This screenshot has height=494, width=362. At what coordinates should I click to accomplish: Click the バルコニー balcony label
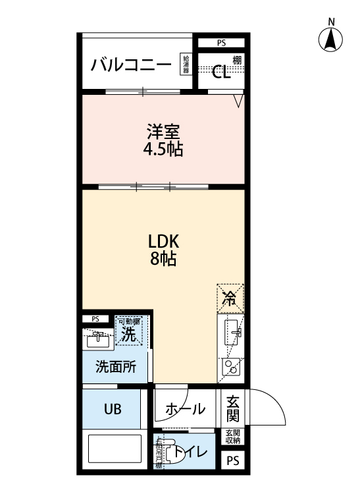pyautogui.click(x=132, y=65)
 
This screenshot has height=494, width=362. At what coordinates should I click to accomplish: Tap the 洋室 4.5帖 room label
pyautogui.click(x=163, y=140)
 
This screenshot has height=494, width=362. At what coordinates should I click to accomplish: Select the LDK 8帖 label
pyautogui.click(x=163, y=249)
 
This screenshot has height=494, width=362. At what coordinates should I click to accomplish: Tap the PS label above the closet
pyautogui.click(x=221, y=43)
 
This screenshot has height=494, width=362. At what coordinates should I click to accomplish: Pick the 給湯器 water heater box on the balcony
pyautogui.click(x=186, y=64)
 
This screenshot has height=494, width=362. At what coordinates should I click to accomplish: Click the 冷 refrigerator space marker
pyautogui.click(x=230, y=297)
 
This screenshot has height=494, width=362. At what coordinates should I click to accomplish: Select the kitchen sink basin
pyautogui.click(x=231, y=332)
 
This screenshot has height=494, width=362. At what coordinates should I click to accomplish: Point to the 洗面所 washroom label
pyautogui.click(x=116, y=367)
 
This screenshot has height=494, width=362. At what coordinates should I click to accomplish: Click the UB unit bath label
pyautogui.click(x=111, y=409)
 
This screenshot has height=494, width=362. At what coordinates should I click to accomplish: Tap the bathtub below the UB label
pyautogui.click(x=115, y=450)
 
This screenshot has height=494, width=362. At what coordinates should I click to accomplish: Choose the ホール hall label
pyautogui.click(x=184, y=409)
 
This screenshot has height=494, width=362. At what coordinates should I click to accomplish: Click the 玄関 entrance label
pyautogui.click(x=233, y=408)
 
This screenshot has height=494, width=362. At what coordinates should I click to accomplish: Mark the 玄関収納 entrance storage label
pyautogui.click(x=233, y=437)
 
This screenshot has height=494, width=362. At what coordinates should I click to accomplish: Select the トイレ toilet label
pyautogui.click(x=190, y=453)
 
